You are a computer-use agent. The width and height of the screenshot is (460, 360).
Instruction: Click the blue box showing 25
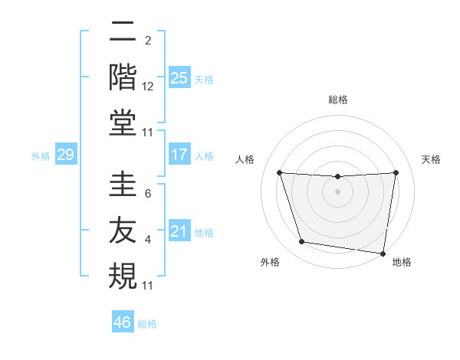[179, 78]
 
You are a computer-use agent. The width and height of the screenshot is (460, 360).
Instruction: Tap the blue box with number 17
[179, 155]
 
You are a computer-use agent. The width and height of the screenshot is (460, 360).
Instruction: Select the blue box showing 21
[179, 231]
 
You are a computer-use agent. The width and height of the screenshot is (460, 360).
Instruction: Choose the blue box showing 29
[65, 155]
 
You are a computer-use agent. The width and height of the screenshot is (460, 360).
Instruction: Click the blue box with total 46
[123, 322]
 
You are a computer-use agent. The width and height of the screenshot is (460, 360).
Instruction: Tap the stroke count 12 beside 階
[148, 87]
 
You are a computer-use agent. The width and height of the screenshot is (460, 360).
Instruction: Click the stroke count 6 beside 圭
[148, 195]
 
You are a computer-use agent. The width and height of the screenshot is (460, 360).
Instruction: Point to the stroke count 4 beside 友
[148, 241]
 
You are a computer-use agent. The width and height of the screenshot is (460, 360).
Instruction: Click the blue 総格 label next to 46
[147, 324]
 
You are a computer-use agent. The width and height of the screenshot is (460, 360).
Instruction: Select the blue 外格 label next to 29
[41, 156]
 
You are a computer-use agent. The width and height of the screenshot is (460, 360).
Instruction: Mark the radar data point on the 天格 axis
[396, 173]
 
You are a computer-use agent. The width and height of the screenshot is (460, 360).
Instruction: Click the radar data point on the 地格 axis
[383, 253]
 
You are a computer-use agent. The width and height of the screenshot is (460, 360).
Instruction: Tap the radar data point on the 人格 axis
[279, 173]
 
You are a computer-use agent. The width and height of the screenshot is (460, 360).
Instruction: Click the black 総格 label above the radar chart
[337, 100]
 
